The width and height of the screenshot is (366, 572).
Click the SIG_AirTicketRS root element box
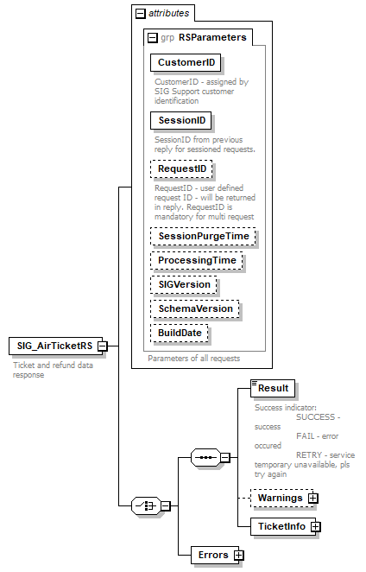[52, 346]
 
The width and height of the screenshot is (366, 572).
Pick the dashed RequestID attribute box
[181, 169]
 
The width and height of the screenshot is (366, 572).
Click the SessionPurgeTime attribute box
[203, 236]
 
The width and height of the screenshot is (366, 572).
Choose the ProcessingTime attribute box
[196, 260]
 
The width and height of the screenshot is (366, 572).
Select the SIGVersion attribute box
[184, 284]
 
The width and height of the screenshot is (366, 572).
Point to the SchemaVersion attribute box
[194, 308]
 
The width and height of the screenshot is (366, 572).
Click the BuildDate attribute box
[180, 333]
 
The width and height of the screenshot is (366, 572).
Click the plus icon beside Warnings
[312, 499]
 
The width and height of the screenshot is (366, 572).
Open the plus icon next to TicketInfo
[316, 526]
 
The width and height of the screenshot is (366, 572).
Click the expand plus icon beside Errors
[239, 555]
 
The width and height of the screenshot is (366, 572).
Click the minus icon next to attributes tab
[139, 14]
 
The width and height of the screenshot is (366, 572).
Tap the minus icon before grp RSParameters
[153, 38]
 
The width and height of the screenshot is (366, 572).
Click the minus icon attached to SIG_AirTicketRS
[103, 346]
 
